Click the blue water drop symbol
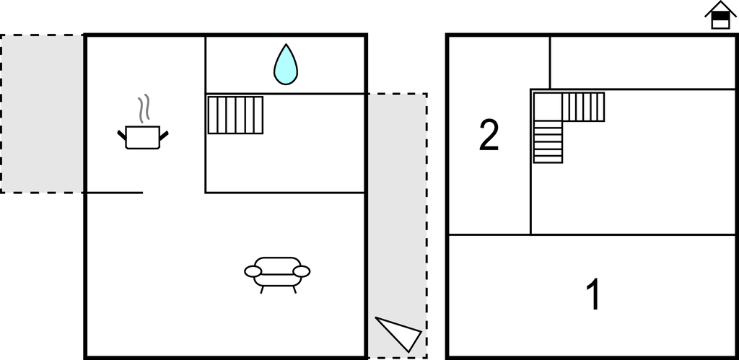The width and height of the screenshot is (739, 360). click(x=286, y=65)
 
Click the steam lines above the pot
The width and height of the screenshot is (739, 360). click(x=144, y=108)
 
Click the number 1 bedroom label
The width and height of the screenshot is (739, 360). click(x=594, y=294)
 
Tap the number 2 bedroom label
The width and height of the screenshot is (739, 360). click(x=489, y=135)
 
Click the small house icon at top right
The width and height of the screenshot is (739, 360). click(x=720, y=15)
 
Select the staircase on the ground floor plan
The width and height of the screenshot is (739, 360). click(x=236, y=115)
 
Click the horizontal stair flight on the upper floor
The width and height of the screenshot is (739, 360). click(x=583, y=107)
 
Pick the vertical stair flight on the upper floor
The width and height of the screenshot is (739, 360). click(x=548, y=142)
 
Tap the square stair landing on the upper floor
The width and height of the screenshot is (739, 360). click(x=548, y=107)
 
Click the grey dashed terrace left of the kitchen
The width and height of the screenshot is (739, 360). click(x=42, y=113)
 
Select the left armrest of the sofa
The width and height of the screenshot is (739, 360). click(x=253, y=271)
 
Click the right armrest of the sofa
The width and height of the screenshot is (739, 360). click(x=302, y=271)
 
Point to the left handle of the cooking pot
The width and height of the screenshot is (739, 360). click(x=121, y=135)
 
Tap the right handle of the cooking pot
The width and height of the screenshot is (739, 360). click(x=164, y=135)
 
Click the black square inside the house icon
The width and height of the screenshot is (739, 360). click(x=720, y=16)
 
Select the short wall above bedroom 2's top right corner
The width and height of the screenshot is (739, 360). click(x=549, y=62)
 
